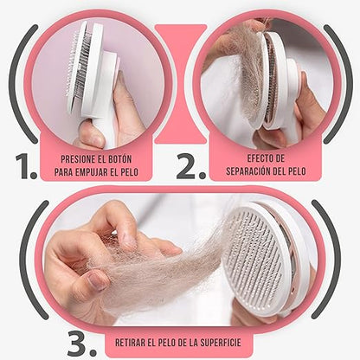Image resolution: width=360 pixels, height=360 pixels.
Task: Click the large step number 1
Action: pyautogui.click(x=26, y=166)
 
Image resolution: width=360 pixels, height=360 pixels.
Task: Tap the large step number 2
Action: pyautogui.click(x=191, y=166)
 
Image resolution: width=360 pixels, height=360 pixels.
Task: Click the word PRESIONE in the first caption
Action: pyautogui.click(x=78, y=159)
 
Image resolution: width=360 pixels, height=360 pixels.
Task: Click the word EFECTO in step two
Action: pyautogui.click(x=257, y=158)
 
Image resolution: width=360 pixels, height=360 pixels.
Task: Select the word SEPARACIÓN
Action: pyautogui.click(x=248, y=171)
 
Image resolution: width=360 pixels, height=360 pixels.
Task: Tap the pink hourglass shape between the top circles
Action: pyautogui.click(x=181, y=84)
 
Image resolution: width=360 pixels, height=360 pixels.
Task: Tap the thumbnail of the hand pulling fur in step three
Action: pyautogui.click(x=97, y=280)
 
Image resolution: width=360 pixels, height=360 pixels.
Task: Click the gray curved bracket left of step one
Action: pyautogui.click(x=22, y=84)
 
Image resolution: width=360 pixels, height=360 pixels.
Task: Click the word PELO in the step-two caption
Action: pyautogui.click(x=298, y=171)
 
